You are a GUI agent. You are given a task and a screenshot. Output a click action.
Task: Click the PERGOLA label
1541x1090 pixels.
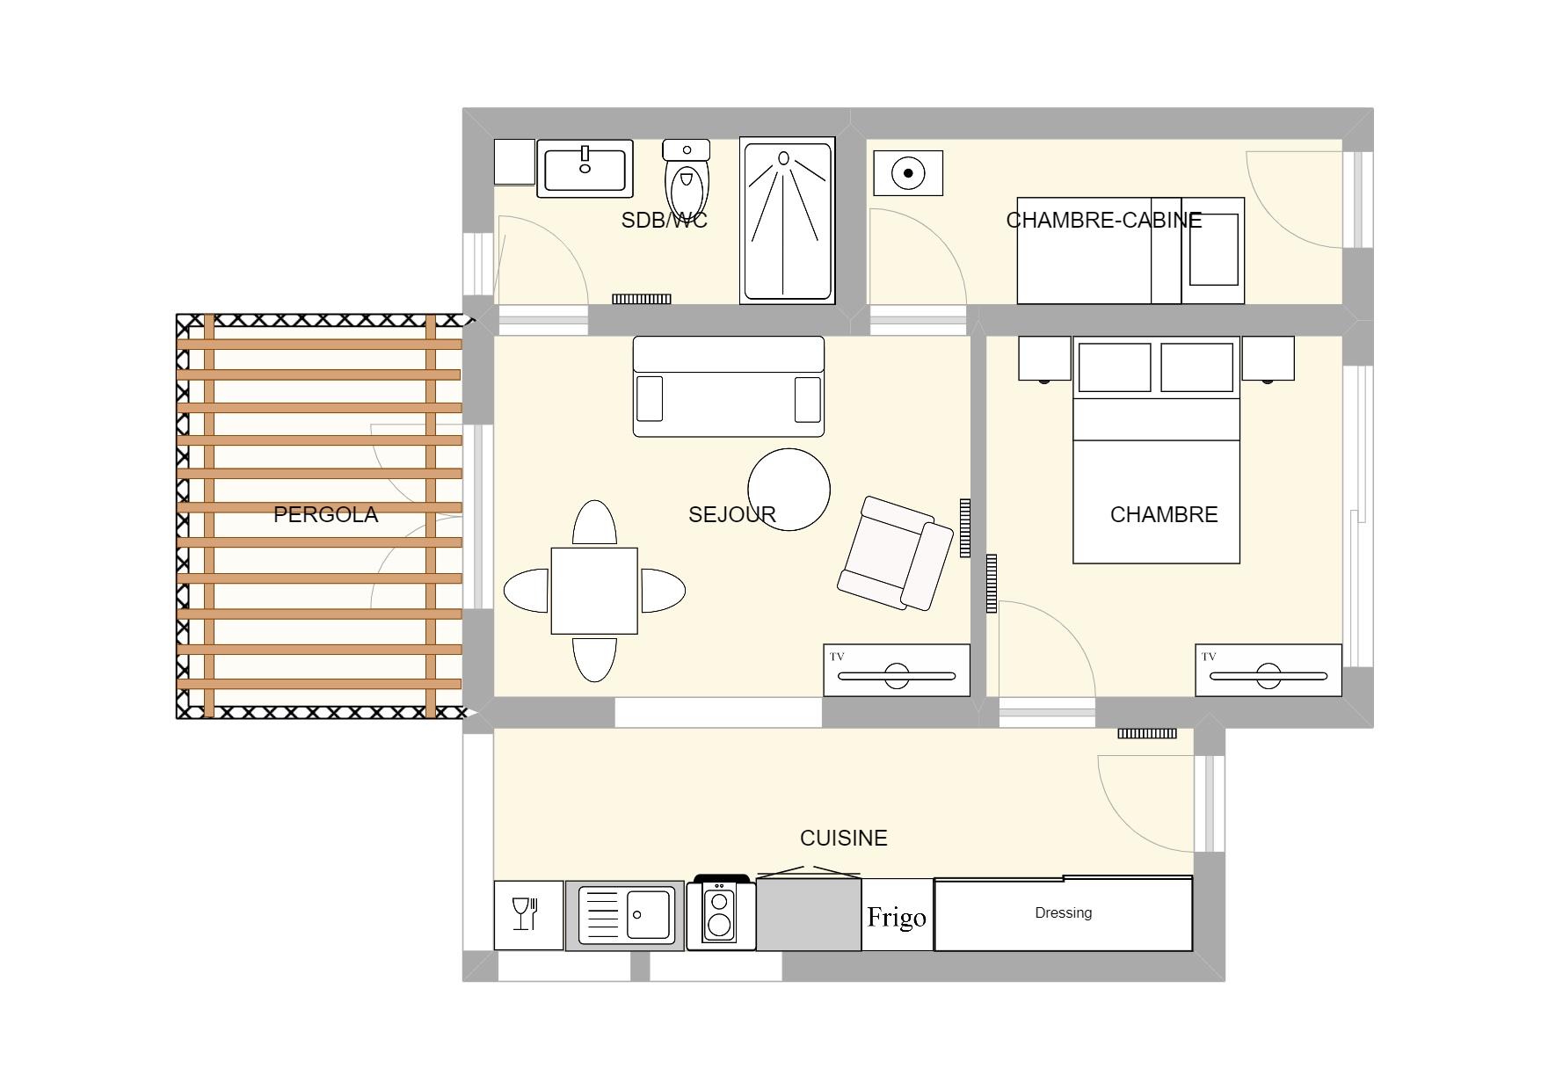(x=325, y=514)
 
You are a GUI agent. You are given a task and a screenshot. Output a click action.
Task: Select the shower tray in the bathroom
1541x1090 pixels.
(x=787, y=221)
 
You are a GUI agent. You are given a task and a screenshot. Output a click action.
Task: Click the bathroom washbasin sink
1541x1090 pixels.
(x=585, y=168)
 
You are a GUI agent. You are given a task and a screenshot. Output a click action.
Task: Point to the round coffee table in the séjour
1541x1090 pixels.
(x=789, y=490)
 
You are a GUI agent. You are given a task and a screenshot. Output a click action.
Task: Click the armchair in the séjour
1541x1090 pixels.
(x=896, y=553)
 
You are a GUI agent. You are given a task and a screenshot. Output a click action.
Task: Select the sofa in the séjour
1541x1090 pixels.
(x=729, y=386)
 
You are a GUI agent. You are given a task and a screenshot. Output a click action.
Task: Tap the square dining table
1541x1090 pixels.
(x=594, y=590)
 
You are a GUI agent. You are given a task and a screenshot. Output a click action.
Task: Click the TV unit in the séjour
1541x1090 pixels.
(x=897, y=671)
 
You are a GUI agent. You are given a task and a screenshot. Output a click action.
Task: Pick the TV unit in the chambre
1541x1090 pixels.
(x=1268, y=671)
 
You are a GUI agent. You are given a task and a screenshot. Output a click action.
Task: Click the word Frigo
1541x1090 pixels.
(x=897, y=918)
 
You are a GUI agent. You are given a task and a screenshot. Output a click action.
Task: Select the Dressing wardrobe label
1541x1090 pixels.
(x=1064, y=913)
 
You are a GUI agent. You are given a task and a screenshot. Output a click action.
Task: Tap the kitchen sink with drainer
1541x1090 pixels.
(x=625, y=915)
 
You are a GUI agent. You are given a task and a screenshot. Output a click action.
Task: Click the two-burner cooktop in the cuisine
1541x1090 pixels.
(x=721, y=913)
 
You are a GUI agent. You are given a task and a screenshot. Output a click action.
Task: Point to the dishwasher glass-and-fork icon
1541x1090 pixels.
(x=525, y=914)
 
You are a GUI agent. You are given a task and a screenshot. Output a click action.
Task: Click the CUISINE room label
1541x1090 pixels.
(x=844, y=838)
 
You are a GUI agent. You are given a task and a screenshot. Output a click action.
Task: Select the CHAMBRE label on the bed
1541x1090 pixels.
(x=1164, y=514)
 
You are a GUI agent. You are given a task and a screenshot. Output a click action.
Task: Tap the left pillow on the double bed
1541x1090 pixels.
(x=1115, y=367)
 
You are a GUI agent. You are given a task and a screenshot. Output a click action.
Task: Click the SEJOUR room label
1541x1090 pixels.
(x=732, y=514)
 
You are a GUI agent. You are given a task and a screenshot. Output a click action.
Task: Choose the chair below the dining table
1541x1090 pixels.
(x=594, y=659)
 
